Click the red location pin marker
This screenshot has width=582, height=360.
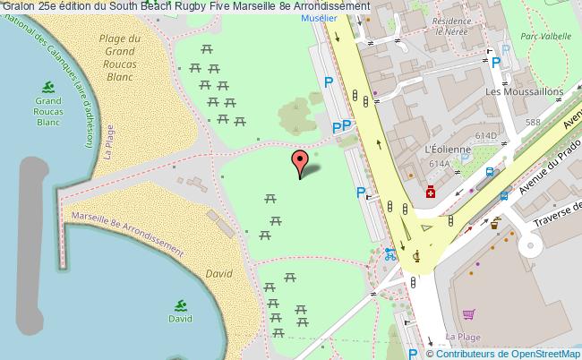tap(299, 163)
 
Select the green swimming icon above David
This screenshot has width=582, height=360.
tap(180, 305)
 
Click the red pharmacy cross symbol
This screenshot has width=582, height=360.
tap(431, 193)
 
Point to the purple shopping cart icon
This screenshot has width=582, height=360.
tap(468, 314)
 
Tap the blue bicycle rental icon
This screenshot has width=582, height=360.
tap(389, 253)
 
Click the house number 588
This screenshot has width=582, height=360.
tap(534, 122)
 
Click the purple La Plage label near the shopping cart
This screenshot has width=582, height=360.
tap(463, 337)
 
